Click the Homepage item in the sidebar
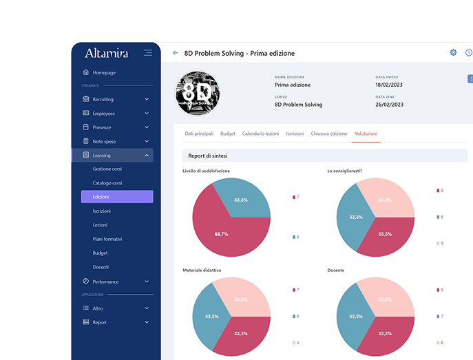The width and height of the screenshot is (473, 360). pyautogui.click(x=103, y=72)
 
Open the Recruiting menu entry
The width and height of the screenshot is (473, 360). pyautogui.click(x=103, y=99)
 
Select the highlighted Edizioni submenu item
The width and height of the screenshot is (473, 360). pyautogui.click(x=116, y=197)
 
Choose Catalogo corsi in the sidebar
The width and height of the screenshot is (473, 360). pyautogui.click(x=108, y=183)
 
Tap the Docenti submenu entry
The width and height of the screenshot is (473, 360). pyautogui.click(x=101, y=267)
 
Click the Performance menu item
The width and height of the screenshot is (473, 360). pyautogui.click(x=105, y=282)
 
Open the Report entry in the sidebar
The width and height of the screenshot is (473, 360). pyautogui.click(x=99, y=322)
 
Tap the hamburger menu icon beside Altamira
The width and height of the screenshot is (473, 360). pyautogui.click(x=148, y=53)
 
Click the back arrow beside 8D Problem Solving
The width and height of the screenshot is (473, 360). pyautogui.click(x=176, y=53)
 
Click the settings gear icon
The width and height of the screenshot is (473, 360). pyautogui.click(x=453, y=53)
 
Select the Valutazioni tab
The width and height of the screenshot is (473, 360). pyautogui.click(x=366, y=134)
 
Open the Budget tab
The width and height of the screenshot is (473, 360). pyautogui.click(x=228, y=134)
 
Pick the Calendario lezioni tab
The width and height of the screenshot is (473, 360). pyautogui.click(x=260, y=134)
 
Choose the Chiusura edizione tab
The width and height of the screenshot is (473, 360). pyautogui.click(x=329, y=134)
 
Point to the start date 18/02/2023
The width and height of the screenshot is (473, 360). pyautogui.click(x=390, y=85)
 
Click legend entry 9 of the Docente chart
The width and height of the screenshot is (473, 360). pyautogui.click(x=440, y=290)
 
